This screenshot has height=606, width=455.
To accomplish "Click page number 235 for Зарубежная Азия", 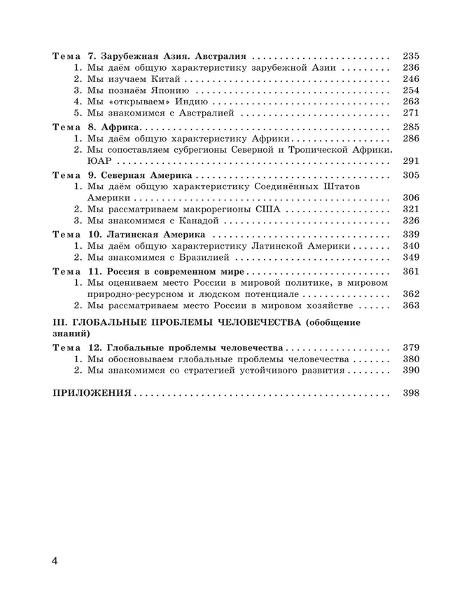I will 411,57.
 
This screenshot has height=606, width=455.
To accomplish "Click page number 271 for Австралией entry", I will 411,112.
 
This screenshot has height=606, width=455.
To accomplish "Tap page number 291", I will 411,160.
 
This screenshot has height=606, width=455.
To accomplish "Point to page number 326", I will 411,220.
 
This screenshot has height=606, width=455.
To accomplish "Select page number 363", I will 411,306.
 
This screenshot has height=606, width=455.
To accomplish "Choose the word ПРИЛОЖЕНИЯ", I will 92,393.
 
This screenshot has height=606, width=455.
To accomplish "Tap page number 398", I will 411,393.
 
